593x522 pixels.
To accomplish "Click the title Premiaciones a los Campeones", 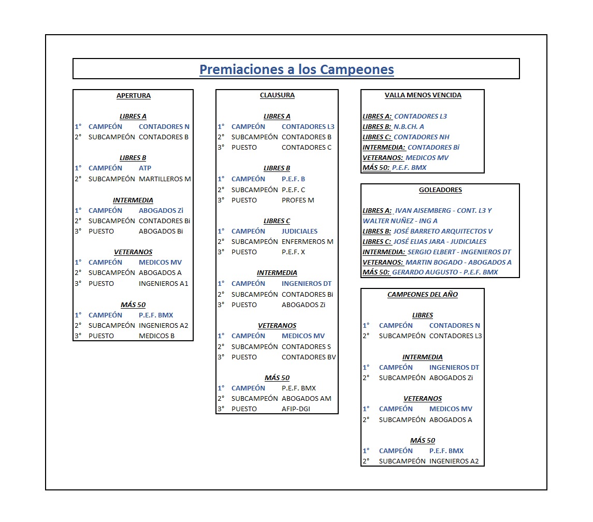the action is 296,69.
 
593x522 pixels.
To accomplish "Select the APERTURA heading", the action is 134,96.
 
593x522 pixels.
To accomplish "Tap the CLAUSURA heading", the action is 277,95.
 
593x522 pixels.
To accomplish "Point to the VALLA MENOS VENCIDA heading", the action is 423,95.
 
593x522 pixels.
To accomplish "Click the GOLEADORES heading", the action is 440,190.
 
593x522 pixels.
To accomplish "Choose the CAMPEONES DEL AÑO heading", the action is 423,295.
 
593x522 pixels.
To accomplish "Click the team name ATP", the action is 145,168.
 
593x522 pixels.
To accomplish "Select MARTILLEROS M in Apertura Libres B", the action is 165,179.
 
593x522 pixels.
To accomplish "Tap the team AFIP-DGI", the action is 296,409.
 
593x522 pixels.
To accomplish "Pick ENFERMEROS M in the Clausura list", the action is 308,242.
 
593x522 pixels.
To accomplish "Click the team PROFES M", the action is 298,200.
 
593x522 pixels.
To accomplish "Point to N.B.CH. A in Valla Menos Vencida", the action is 409,127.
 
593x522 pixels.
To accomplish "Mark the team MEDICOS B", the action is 156,336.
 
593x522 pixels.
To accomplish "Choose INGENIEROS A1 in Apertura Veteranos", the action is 163,284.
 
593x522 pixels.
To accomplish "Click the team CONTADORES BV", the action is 309,357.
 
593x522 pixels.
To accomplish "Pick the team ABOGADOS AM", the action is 306,399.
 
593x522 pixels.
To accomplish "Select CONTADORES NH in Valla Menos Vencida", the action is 422,137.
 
